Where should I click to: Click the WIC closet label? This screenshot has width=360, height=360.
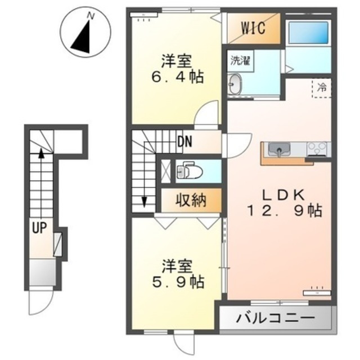pos(253,28)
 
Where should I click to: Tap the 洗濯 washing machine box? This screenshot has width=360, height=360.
pos(240,61)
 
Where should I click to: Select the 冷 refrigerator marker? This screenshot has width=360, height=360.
pos(322,88)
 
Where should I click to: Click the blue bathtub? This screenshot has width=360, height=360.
pos(308,33)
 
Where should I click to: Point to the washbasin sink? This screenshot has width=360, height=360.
pos(235,84)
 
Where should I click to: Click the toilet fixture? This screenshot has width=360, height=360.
pos(189,170)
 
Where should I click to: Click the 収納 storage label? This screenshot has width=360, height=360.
pos(191,201)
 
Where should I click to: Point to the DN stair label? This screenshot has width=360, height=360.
pos(185,142)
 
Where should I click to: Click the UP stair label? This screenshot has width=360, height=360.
pos(39,228)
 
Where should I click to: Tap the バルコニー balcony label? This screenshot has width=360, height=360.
pos(276,318)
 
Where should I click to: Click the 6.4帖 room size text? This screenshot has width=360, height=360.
pos(178,77)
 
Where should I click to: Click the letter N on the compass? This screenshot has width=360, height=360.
pos(91,16)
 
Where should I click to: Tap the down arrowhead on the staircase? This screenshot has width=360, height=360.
pos(144,202)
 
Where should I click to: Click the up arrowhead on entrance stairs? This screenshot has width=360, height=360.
pos(41,152)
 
